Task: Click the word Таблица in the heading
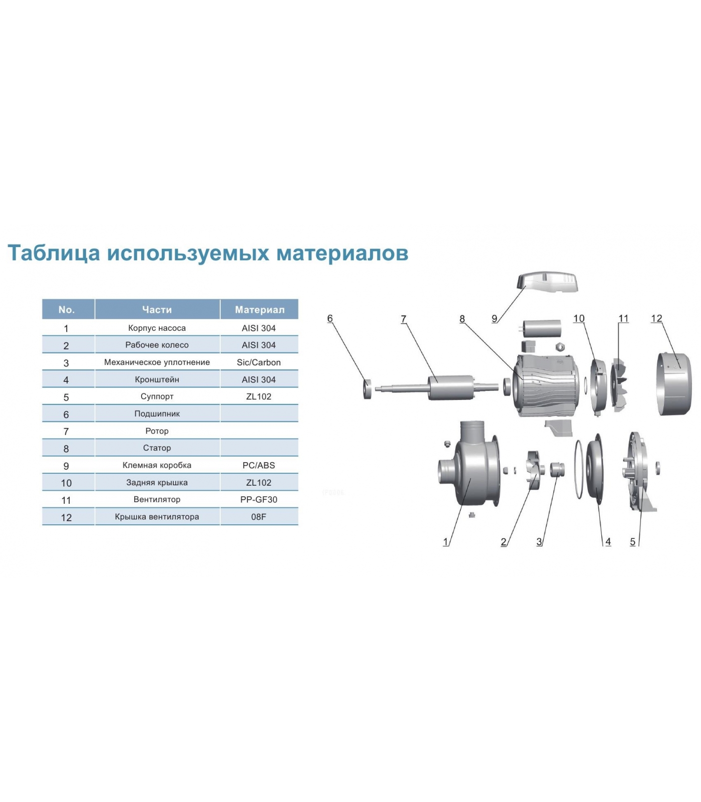(54, 253)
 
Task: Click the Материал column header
(259, 310)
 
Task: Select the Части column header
(157, 310)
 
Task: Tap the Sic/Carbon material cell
(259, 362)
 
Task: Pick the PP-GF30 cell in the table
(259, 500)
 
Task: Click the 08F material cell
(259, 517)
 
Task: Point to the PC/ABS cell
(259, 465)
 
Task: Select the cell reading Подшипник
(157, 414)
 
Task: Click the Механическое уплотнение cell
(157, 362)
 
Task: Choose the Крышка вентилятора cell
(157, 517)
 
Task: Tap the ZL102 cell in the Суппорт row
(259, 396)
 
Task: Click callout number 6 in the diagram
(330, 319)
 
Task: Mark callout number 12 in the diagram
(656, 319)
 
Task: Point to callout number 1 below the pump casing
(446, 542)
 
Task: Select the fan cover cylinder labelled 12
(674, 384)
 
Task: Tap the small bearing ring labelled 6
(368, 388)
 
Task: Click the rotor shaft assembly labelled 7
(431, 387)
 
